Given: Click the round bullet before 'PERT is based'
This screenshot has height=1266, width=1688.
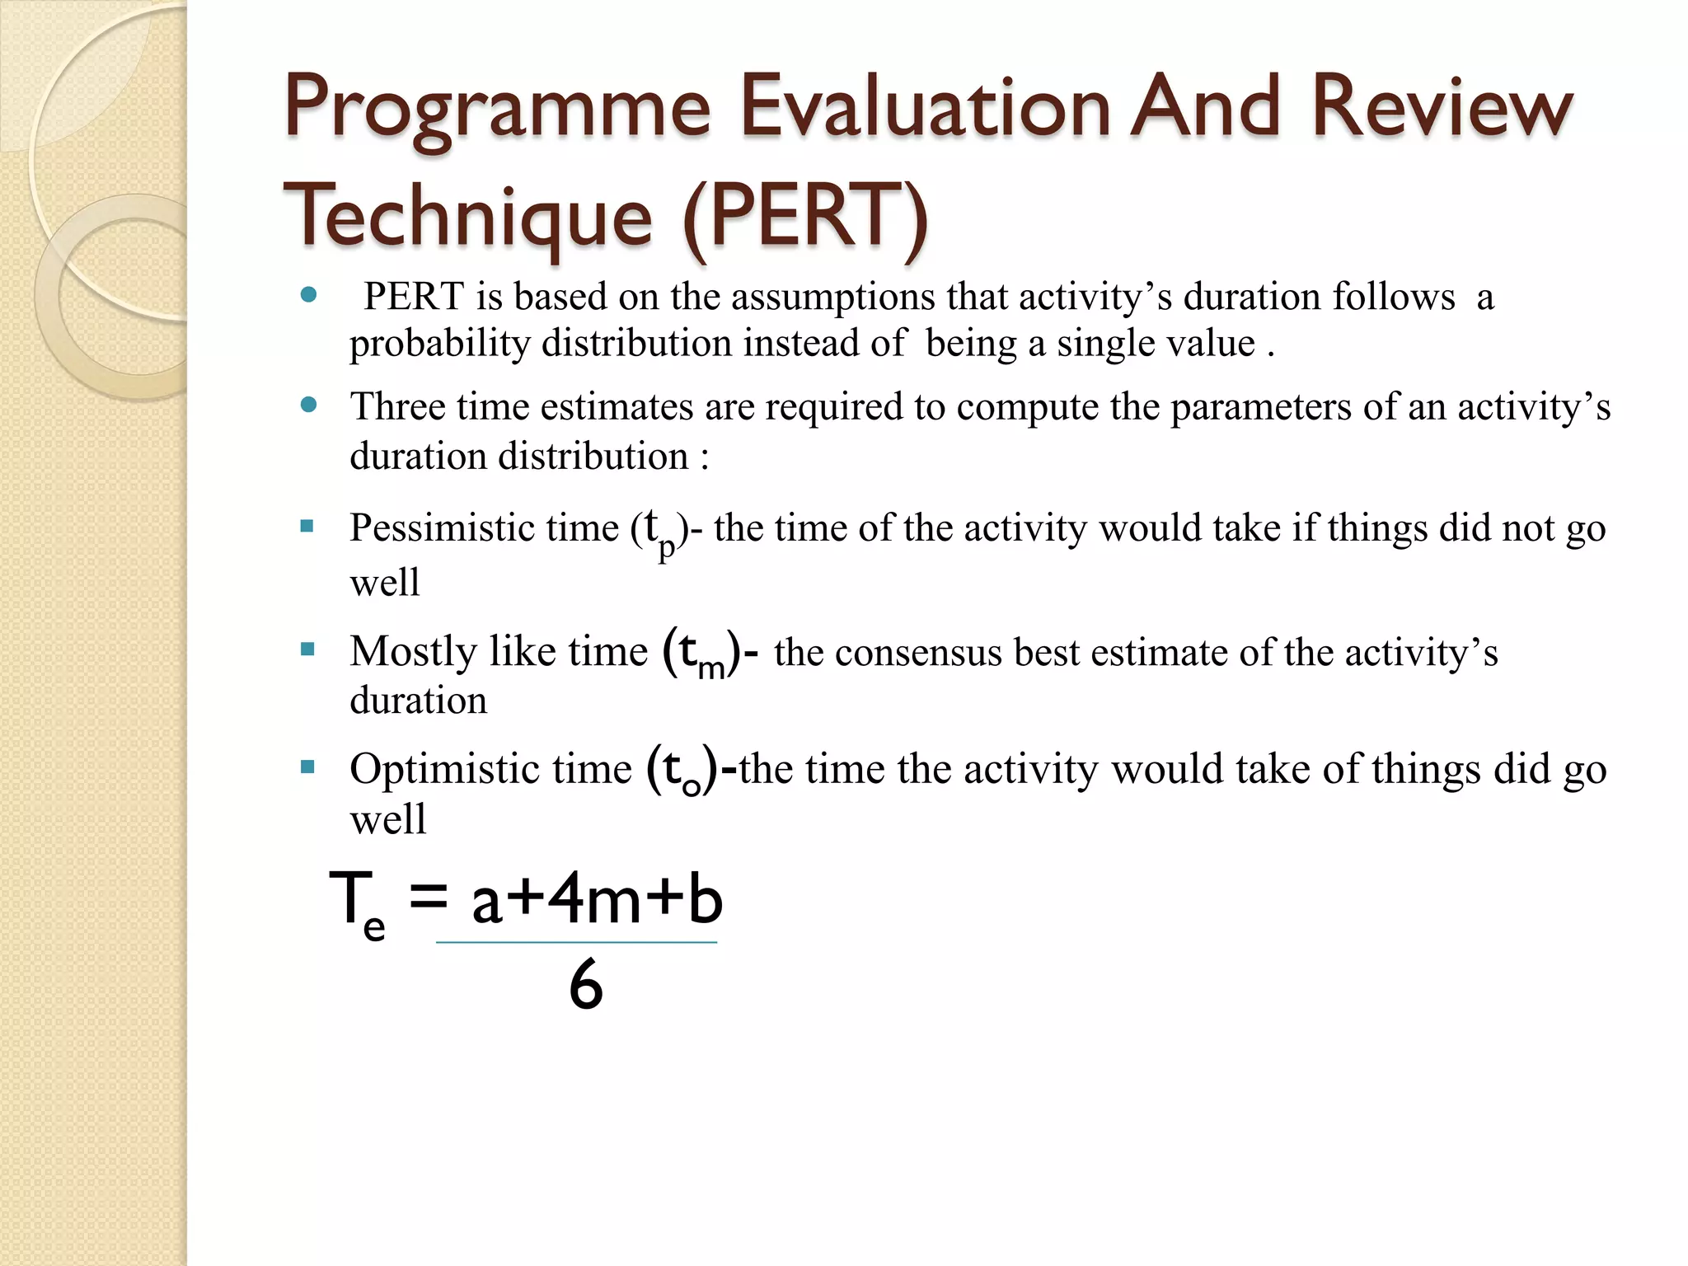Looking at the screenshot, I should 309,295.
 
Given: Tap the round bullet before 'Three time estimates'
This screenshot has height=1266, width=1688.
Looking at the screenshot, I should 309,405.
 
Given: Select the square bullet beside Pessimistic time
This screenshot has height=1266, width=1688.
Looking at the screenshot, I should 307,526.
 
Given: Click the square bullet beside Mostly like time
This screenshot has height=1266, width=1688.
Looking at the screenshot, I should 307,649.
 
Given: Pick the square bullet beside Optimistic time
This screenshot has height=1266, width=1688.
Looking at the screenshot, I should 307,767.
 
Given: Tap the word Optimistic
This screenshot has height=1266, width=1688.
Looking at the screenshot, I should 443,769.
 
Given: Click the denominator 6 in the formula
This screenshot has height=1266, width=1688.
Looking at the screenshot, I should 586,985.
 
